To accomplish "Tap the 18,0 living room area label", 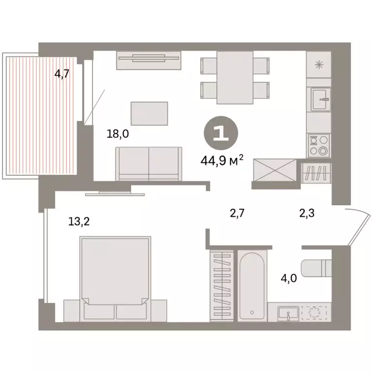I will [118, 134].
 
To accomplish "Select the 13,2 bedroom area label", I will [79, 222].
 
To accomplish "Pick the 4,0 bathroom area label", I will [290, 279].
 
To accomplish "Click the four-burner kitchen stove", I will [319, 145].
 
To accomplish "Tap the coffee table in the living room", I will [149, 113].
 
